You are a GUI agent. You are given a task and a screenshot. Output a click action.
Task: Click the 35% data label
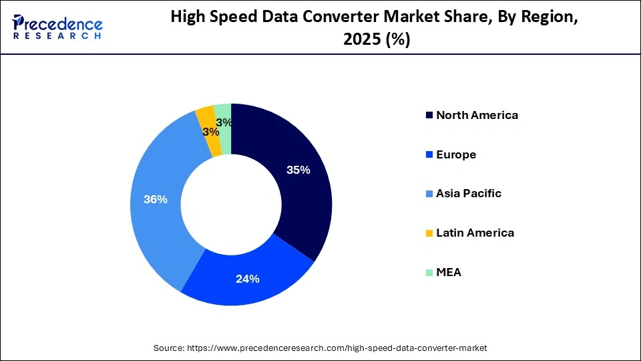point(298,170)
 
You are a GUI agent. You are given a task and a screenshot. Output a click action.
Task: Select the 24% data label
point(247,279)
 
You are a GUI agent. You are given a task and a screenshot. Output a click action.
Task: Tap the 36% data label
point(155,199)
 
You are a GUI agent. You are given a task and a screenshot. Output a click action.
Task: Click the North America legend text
point(477,115)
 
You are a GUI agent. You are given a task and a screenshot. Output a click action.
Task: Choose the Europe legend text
point(455,154)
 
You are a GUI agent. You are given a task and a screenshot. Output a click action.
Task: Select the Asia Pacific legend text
point(468,194)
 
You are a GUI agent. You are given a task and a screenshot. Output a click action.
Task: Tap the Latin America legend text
point(475,233)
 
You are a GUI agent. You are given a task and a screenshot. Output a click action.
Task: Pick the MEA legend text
point(448,273)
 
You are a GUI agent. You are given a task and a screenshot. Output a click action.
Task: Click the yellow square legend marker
point(429,233)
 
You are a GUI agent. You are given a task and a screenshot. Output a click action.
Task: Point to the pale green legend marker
point(429,273)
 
